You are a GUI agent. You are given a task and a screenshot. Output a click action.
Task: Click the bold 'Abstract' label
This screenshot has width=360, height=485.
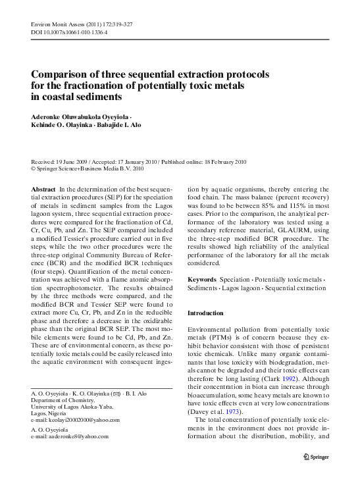[43, 189]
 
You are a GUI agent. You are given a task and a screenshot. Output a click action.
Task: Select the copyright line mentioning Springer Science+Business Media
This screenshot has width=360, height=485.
[88, 168]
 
